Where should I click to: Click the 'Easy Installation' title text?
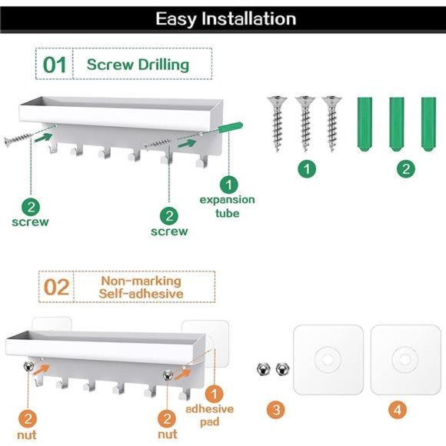tap(226, 19)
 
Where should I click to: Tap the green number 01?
tap(55, 65)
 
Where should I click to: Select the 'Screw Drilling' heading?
tap(138, 65)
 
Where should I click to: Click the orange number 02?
tap(56, 288)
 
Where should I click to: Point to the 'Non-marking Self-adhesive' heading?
tap(141, 288)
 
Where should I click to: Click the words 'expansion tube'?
tap(227, 207)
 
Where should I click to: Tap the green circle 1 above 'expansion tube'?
tap(229, 185)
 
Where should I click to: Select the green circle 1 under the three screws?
tap(307, 169)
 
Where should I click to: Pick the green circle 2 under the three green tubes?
tap(406, 169)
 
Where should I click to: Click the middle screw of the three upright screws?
tap(305, 124)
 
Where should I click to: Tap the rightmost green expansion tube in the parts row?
tap(428, 124)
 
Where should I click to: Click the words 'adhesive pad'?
tap(210, 415)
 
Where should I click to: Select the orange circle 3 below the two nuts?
tap(276, 410)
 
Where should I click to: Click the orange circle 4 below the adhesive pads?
tap(398, 410)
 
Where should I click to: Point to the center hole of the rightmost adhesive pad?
tap(404, 360)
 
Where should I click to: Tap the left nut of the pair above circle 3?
tap(263, 369)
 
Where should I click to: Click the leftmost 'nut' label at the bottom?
tap(27, 435)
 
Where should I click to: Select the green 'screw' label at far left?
tap(31, 222)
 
